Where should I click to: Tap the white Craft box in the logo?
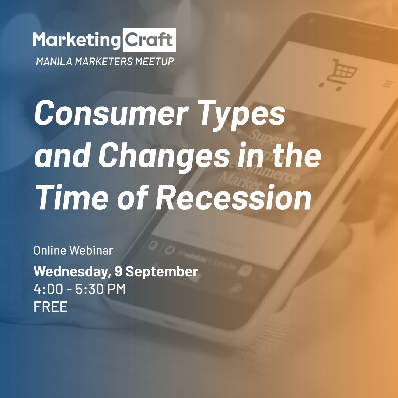(x=149, y=40)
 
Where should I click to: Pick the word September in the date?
(x=162, y=272)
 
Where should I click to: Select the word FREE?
(x=50, y=307)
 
